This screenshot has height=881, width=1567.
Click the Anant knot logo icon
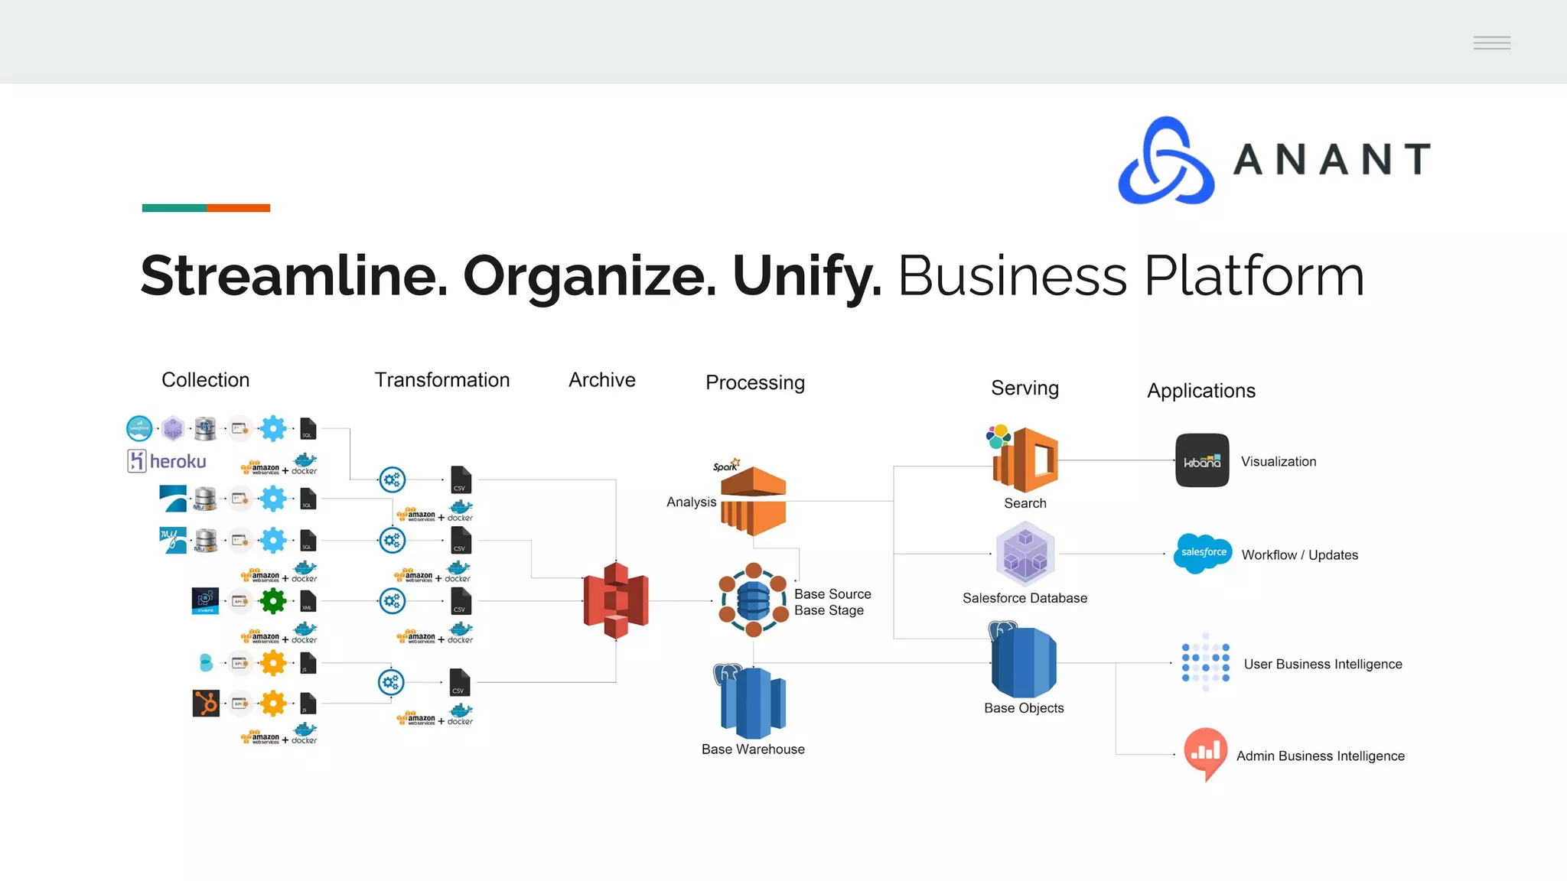point(1166,161)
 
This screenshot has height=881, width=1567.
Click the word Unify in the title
point(806,276)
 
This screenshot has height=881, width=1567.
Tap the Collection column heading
point(205,380)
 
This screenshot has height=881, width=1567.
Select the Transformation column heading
point(441,380)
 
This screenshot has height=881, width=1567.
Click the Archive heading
point(601,380)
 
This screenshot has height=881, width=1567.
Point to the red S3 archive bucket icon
point(616,600)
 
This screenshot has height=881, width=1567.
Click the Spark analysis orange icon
point(753,501)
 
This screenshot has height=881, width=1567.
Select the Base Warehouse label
point(753,749)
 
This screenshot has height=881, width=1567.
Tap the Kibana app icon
point(1202,460)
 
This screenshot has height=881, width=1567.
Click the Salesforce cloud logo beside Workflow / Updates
point(1203,553)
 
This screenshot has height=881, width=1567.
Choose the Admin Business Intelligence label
point(1320,756)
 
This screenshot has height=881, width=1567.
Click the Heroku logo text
point(178,461)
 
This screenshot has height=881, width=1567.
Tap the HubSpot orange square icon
point(206,703)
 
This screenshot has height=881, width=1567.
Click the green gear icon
point(273,601)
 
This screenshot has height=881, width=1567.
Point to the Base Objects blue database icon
point(1024,662)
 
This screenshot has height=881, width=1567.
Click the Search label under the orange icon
point(1025,503)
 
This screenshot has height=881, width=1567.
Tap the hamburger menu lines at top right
point(1491,43)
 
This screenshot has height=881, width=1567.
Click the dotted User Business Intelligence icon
point(1205,662)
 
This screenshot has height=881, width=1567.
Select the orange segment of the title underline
point(238,208)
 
